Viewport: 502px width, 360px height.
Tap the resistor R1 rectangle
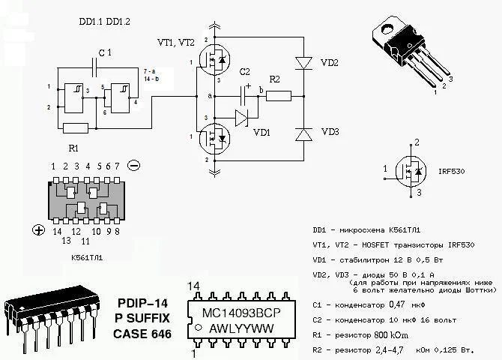tap(76, 127)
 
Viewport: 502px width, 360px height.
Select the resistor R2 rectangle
tap(278, 95)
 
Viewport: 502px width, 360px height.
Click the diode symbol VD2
tap(303, 62)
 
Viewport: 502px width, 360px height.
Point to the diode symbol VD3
tap(303, 134)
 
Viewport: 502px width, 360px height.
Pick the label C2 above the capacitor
tap(245, 71)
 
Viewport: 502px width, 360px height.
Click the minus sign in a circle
tap(133, 165)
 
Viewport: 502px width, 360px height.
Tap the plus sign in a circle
tap(38, 230)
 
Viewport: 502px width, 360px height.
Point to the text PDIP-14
tap(143, 303)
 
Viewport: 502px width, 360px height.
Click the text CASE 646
tap(142, 333)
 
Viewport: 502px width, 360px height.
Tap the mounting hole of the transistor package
tap(390, 29)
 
